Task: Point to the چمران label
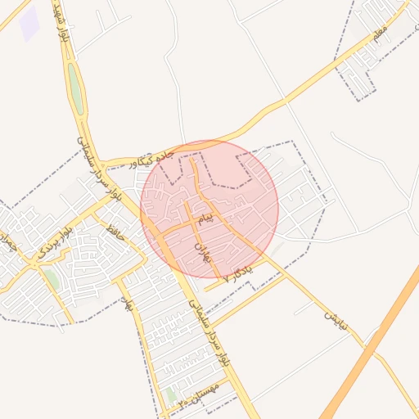click(8, 241)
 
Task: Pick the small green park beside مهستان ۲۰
click(170, 394)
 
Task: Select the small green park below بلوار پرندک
click(51, 278)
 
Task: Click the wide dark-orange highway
click(372, 344)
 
